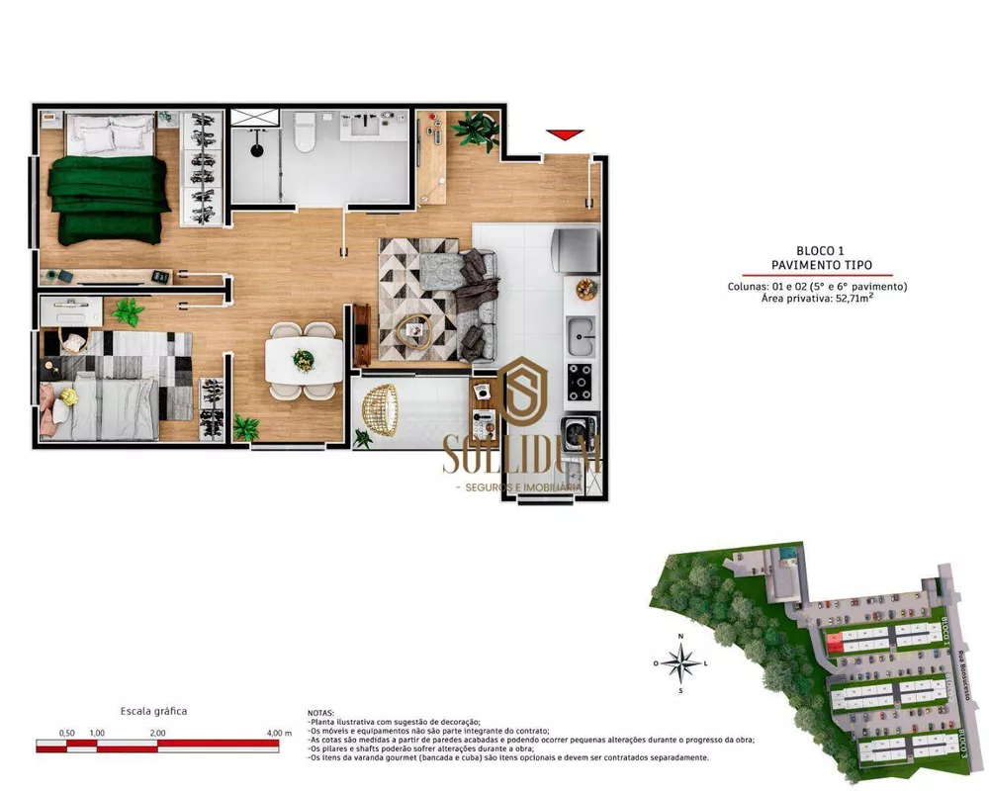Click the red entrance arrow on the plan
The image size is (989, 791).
pos(565,134)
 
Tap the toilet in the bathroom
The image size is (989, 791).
pos(305,132)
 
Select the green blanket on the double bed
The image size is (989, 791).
pos(109,198)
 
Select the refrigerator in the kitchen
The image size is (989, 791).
pos(576,251)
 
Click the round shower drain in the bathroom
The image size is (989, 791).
pos(257,151)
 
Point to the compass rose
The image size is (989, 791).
pos(680,662)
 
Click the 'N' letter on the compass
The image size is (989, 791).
pos(680,637)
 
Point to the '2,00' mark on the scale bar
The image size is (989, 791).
pos(157,733)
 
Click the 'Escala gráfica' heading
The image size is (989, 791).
pos(153,711)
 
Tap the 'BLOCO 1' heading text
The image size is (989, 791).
pos(819,251)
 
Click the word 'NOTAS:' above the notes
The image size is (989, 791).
pos(321,713)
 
